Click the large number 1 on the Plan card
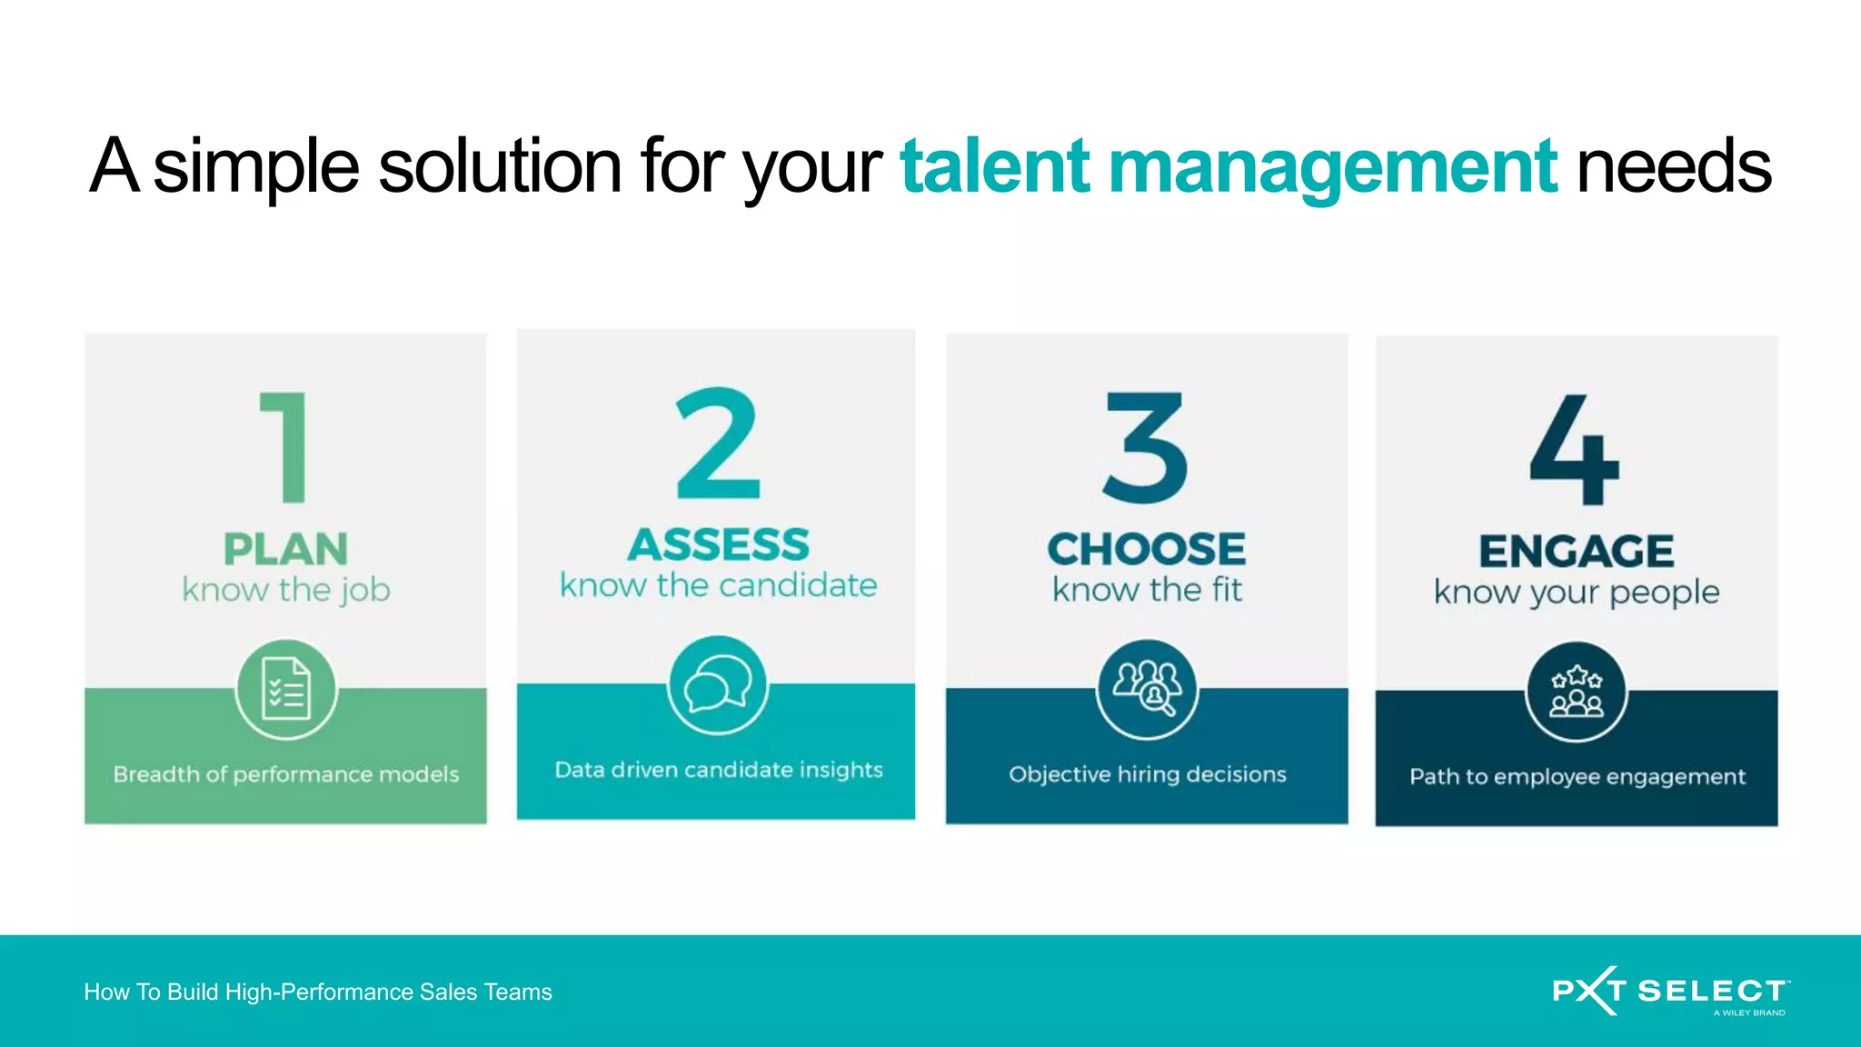point(285,447)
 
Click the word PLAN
point(285,549)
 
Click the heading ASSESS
point(718,545)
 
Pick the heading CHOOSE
point(1146,549)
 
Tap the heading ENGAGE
point(1576,552)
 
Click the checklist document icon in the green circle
point(286,689)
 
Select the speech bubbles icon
point(718,685)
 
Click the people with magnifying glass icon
point(1147,689)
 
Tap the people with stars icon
point(1576,692)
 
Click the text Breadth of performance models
point(286,774)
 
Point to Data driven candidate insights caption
point(718,770)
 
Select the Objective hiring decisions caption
point(1147,774)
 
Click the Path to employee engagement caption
point(1577,777)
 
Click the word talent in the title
point(994,166)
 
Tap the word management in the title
point(1332,166)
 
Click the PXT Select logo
point(1670,991)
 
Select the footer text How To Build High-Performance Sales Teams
point(318,992)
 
